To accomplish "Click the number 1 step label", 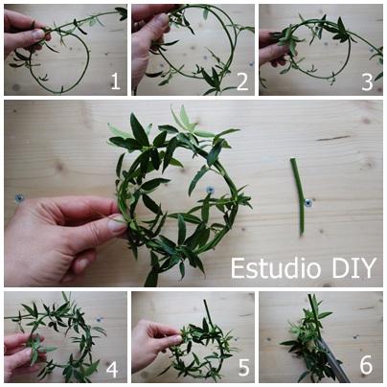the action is [x=115, y=81].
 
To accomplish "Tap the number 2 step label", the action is [x=242, y=81].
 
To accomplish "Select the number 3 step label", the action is [x=367, y=82].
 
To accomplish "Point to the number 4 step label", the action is [x=112, y=369].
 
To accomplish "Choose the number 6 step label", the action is [x=366, y=365].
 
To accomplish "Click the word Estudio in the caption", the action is [x=276, y=268].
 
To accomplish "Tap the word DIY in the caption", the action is [x=354, y=268].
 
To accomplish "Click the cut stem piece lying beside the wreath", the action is [x=298, y=196].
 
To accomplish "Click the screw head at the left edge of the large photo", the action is [x=19, y=198].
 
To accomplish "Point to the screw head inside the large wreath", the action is [x=210, y=190].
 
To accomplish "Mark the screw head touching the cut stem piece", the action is [x=308, y=202].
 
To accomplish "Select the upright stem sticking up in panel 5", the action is [x=209, y=311].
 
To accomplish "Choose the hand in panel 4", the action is [x=19, y=354].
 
